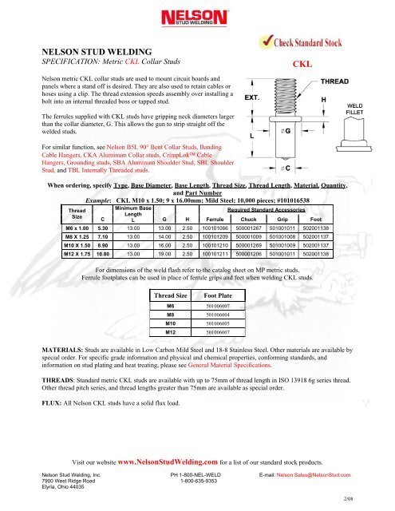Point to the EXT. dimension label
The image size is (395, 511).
[253, 97]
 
